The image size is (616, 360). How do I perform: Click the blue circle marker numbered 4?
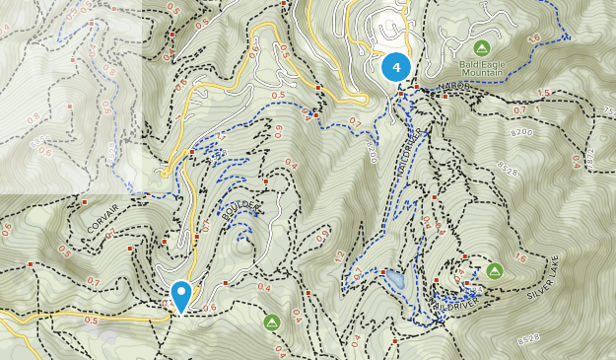[x=395, y=67]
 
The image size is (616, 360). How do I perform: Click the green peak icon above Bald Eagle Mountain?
[x=481, y=47]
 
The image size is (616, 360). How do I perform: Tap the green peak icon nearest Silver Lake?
[x=494, y=270]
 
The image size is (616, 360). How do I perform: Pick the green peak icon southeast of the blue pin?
[x=272, y=322]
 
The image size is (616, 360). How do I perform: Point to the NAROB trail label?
[x=454, y=87]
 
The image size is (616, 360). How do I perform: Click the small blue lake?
[x=395, y=280]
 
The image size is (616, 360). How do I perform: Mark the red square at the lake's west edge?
[x=382, y=272]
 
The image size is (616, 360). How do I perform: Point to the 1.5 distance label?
[x=543, y=94]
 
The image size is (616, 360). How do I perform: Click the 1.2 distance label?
[x=340, y=255]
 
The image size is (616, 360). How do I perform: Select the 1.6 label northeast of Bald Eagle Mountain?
[x=533, y=38]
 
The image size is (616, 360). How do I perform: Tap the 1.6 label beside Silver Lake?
[x=519, y=258]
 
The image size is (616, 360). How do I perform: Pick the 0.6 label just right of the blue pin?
[x=209, y=307]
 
